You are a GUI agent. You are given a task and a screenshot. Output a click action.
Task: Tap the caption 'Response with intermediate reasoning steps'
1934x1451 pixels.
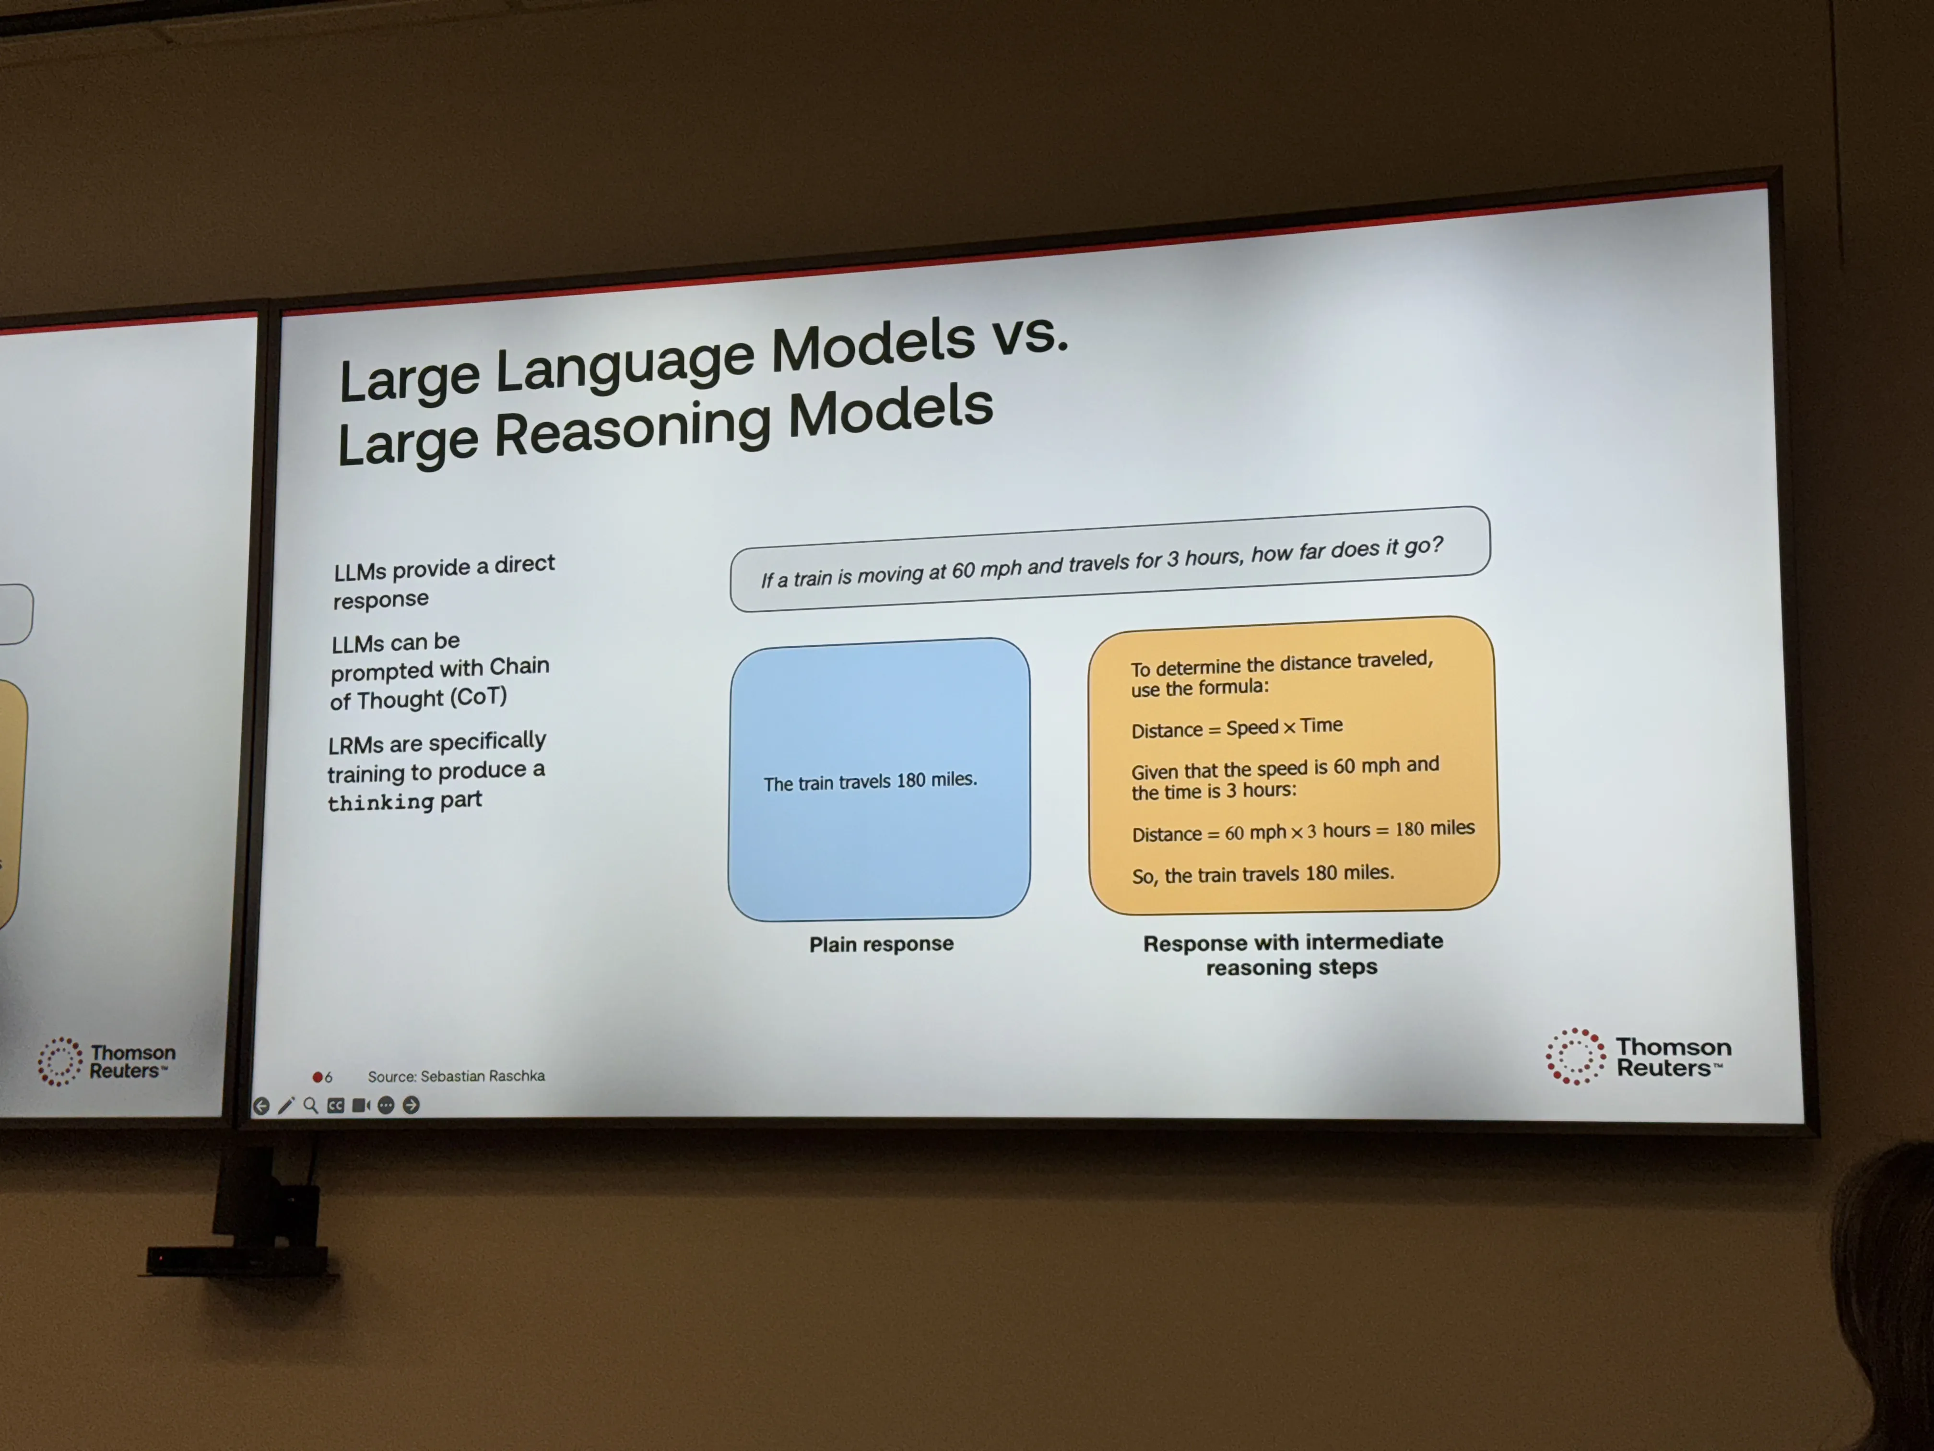1292,954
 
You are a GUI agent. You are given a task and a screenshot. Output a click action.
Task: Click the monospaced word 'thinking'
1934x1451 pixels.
381,802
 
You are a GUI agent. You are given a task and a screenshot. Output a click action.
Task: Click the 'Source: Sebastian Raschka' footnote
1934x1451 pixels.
456,1076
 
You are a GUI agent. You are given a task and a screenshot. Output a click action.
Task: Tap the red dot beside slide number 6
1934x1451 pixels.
318,1077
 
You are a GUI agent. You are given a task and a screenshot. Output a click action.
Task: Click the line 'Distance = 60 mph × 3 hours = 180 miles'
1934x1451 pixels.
1303,831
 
